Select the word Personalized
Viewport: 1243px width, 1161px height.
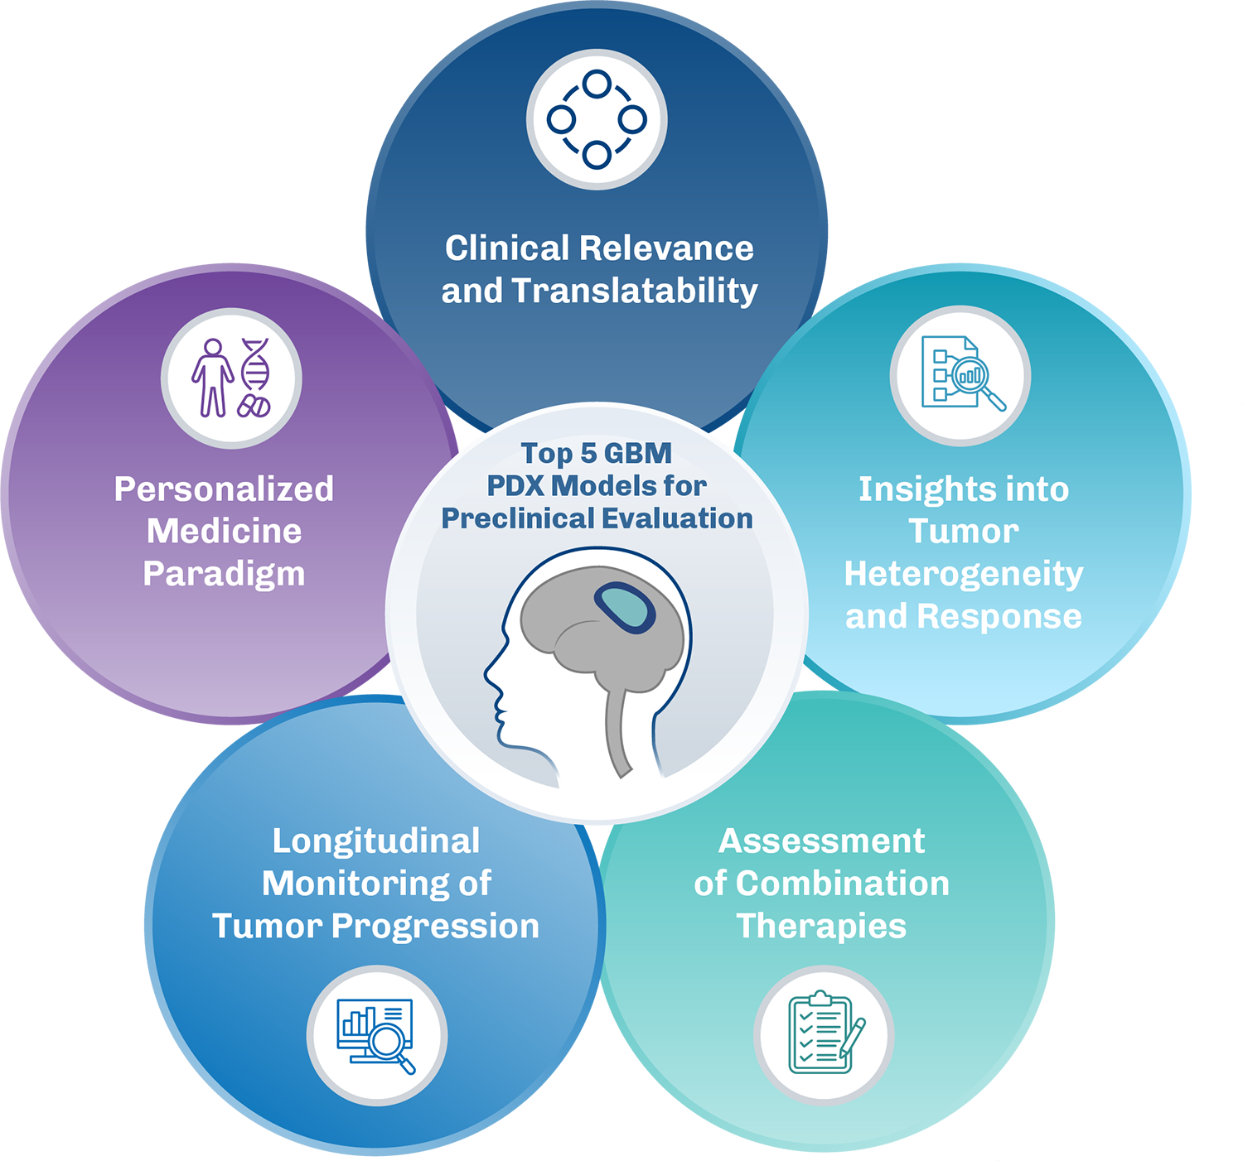tap(224, 489)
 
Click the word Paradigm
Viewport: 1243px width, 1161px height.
tap(224, 574)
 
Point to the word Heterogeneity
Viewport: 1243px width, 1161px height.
tap(963, 574)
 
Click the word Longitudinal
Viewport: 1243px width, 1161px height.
tap(376, 841)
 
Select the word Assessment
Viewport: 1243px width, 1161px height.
tap(821, 841)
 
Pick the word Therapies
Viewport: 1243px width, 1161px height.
tap(821, 926)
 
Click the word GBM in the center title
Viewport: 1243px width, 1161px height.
tap(637, 453)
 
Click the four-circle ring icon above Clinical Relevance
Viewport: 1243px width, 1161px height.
tap(597, 120)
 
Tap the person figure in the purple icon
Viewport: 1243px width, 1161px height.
tap(213, 378)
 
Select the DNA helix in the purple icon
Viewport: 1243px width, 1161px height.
tap(255, 364)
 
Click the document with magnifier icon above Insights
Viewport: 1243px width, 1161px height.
tap(960, 375)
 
